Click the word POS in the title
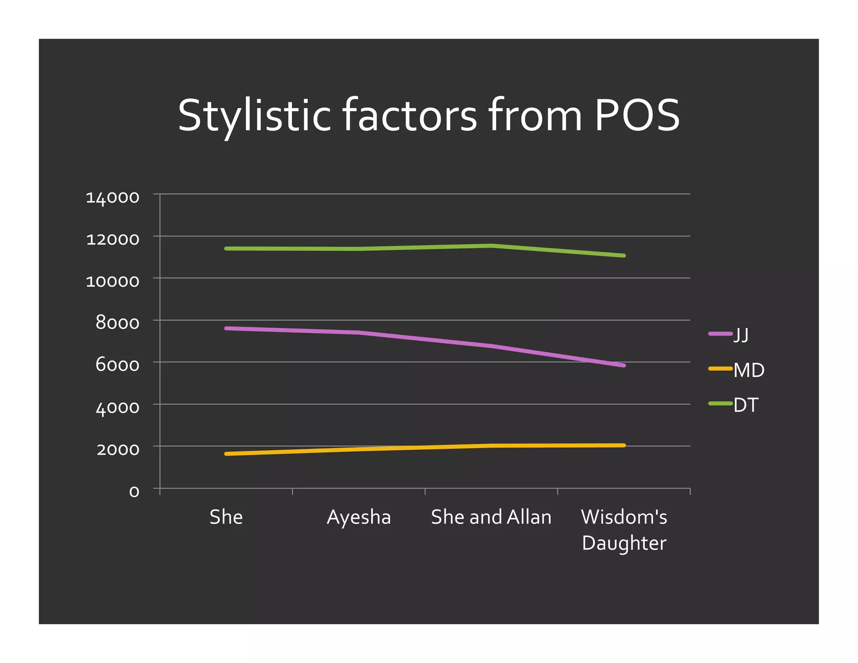[636, 115]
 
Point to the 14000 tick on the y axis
[112, 197]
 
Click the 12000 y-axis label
[112, 239]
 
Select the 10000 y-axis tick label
[112, 281]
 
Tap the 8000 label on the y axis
[117, 323]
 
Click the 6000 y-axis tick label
[117, 365]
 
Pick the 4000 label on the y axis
[117, 407]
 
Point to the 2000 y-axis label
[118, 449]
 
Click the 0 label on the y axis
[134, 491]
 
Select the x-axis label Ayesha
[359, 517]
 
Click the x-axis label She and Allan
[491, 517]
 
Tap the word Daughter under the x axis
[624, 543]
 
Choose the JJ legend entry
[740, 335]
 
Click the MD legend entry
[749, 370]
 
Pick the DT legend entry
[746, 405]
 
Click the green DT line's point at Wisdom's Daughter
[624, 255]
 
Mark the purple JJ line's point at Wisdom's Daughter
[624, 365]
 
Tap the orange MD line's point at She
[226, 454]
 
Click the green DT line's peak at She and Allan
[491, 246]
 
